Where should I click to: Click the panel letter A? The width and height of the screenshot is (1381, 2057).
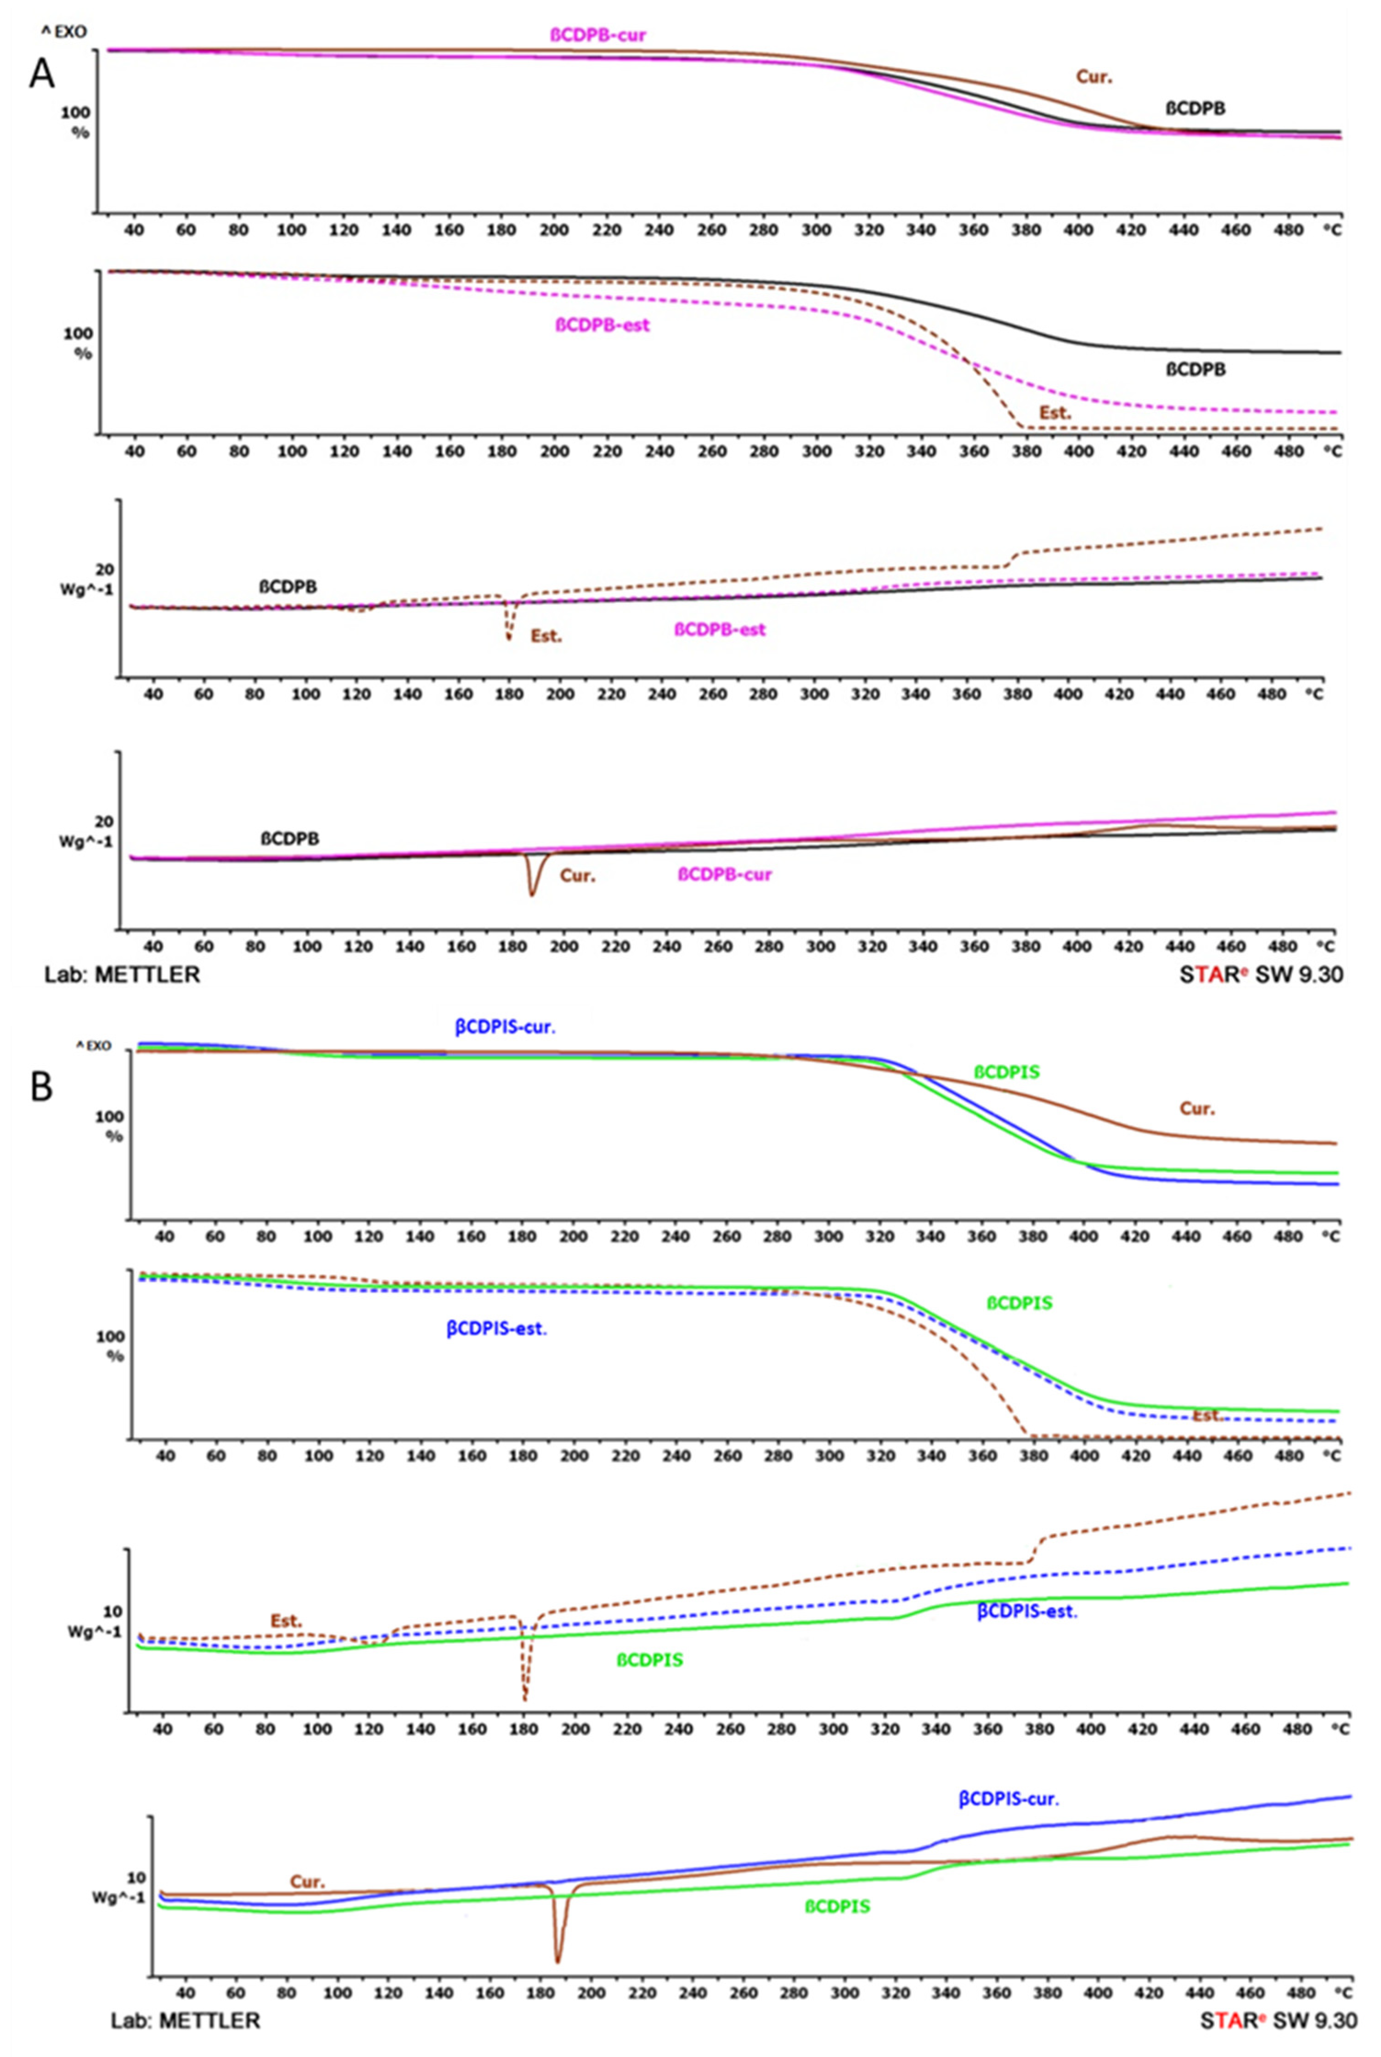pos(41,74)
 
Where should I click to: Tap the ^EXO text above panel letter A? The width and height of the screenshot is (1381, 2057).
pos(63,33)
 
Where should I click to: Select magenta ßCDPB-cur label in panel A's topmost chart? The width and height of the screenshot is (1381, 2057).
pos(598,35)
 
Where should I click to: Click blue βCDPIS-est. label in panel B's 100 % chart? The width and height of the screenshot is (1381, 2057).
pos(496,1329)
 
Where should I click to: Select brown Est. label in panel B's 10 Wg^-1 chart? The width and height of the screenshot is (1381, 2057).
pos(286,1620)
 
